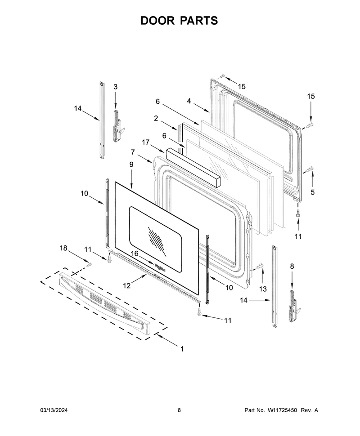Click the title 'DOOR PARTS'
coord(179,21)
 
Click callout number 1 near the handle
coord(182,349)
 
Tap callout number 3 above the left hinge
coord(116,87)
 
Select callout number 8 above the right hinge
coord(292,267)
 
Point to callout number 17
coord(146,142)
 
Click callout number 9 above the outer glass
coord(131,165)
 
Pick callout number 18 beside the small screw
coord(63,248)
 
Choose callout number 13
coord(263,289)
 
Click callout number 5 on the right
coord(312,192)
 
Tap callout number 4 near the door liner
coord(189,101)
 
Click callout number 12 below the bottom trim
coord(127,285)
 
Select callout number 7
coord(133,152)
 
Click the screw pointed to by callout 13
coord(259,267)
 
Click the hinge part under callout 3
coord(117,126)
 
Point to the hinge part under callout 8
coord(294,306)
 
